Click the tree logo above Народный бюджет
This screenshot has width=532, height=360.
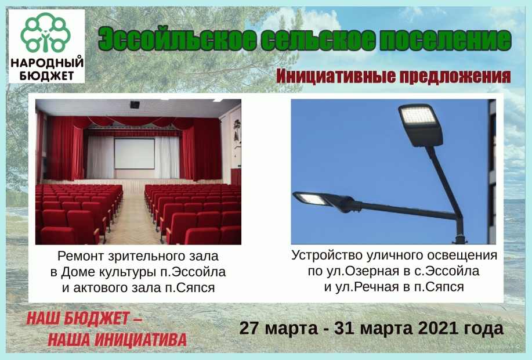[45, 33]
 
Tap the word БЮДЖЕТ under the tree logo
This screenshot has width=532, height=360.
[47, 76]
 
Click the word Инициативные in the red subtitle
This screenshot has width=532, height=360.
[336, 77]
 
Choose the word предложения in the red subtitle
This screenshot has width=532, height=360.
[455, 77]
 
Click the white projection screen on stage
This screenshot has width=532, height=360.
[135, 153]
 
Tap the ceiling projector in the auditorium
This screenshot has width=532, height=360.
[135, 105]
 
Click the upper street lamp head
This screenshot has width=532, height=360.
[421, 124]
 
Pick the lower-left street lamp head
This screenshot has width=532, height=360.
[319, 200]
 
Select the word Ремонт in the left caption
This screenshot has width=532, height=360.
[80, 256]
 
